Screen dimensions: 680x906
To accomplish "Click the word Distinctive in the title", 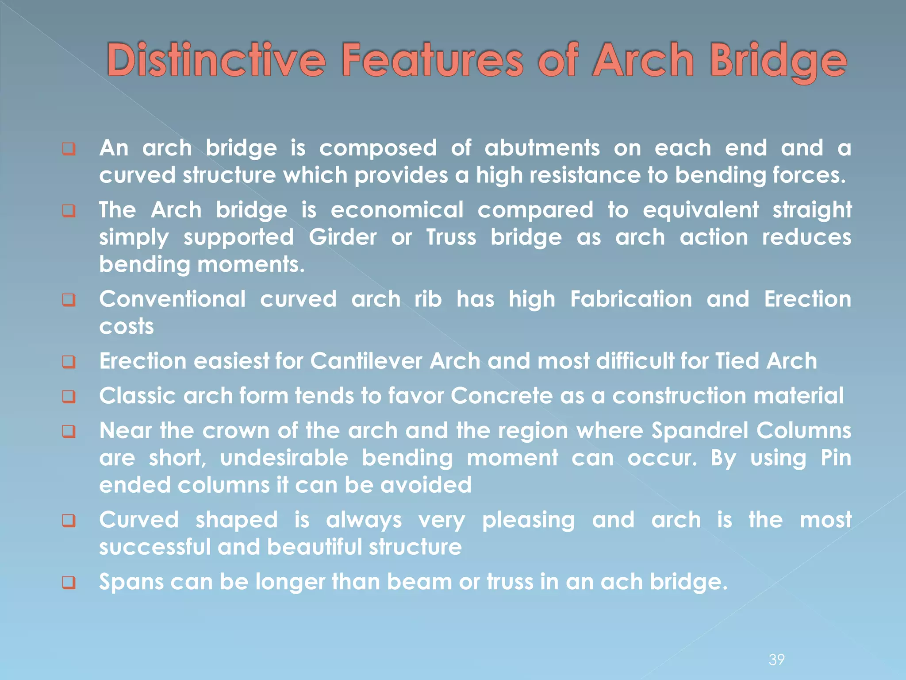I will [x=216, y=60].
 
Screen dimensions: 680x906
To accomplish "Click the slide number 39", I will [x=777, y=660].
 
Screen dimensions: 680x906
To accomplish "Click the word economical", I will [x=397, y=210].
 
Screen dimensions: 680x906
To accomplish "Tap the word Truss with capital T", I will [x=451, y=237].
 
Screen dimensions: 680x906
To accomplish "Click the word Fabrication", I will [x=631, y=299].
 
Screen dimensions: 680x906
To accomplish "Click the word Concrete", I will [x=502, y=396].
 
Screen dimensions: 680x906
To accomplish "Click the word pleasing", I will [x=528, y=520].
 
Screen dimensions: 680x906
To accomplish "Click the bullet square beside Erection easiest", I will [x=69, y=362].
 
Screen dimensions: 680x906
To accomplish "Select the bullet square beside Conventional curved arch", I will [x=69, y=300].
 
